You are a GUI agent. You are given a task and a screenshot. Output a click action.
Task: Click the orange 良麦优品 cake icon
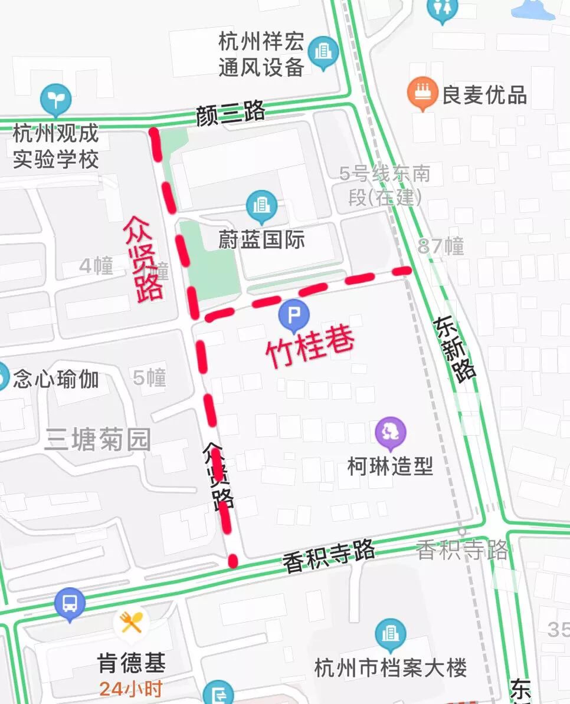[422, 93]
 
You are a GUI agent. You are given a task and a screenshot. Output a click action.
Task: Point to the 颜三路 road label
[231, 113]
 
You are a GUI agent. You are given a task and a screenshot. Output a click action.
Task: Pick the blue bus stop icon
[70, 604]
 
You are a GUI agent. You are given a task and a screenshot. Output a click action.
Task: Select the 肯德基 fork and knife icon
[131, 621]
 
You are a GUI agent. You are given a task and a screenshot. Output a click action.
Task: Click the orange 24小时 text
[131, 688]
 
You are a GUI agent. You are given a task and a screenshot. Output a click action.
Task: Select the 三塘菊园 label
[98, 440]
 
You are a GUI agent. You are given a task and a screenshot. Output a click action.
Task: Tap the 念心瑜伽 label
[56, 379]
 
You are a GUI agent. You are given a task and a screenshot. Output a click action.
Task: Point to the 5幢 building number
[149, 377]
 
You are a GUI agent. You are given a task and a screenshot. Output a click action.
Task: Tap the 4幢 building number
[96, 266]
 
